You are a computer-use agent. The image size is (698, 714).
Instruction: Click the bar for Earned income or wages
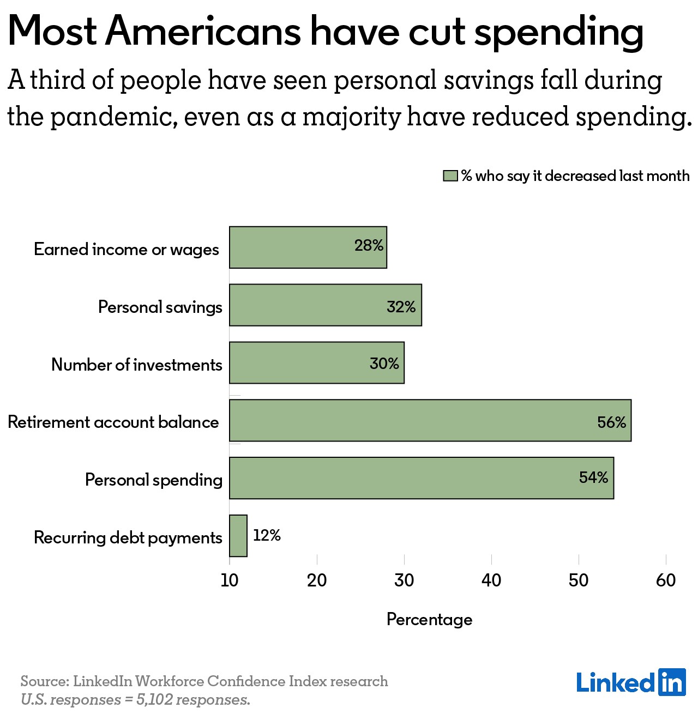click(308, 247)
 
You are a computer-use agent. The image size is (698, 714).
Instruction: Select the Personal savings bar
click(326, 305)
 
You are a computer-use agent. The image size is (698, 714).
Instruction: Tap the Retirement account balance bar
click(430, 420)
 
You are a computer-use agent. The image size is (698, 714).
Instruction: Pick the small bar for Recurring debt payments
click(238, 536)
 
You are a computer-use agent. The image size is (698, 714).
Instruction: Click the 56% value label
click(611, 422)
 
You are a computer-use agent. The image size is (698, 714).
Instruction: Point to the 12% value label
click(267, 535)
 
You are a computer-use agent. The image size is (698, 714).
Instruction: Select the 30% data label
click(384, 364)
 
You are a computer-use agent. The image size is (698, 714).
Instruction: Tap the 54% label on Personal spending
click(593, 477)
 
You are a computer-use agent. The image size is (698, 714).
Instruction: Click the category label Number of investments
click(136, 365)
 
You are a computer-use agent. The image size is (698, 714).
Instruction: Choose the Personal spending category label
click(154, 480)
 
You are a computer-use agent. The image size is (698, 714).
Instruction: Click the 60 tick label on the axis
click(666, 580)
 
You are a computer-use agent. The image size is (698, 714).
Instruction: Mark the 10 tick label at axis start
click(230, 580)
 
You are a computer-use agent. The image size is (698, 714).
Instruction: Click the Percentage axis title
click(430, 620)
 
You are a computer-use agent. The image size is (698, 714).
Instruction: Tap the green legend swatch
click(450, 176)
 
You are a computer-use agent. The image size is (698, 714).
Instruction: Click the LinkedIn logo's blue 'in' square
click(672, 682)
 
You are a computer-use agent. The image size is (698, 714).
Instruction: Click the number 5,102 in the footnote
click(154, 700)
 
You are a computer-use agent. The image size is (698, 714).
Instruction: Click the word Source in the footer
click(45, 681)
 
